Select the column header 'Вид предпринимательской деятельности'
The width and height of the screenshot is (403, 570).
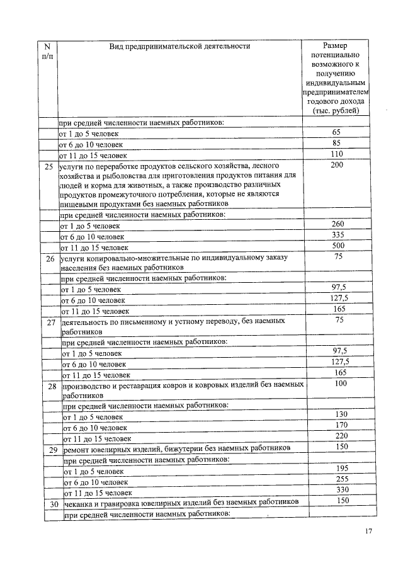(x=179, y=46)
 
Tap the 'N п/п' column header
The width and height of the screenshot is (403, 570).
(x=48, y=51)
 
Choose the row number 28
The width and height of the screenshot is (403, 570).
(x=53, y=385)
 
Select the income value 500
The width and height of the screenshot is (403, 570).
(x=339, y=246)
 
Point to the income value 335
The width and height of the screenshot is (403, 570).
(x=339, y=235)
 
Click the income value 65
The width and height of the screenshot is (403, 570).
(x=336, y=132)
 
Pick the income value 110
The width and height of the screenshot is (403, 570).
(x=338, y=154)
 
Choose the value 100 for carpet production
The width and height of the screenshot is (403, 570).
(x=341, y=383)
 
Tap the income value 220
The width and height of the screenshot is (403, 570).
(x=342, y=436)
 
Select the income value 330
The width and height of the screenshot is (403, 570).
(x=342, y=490)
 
